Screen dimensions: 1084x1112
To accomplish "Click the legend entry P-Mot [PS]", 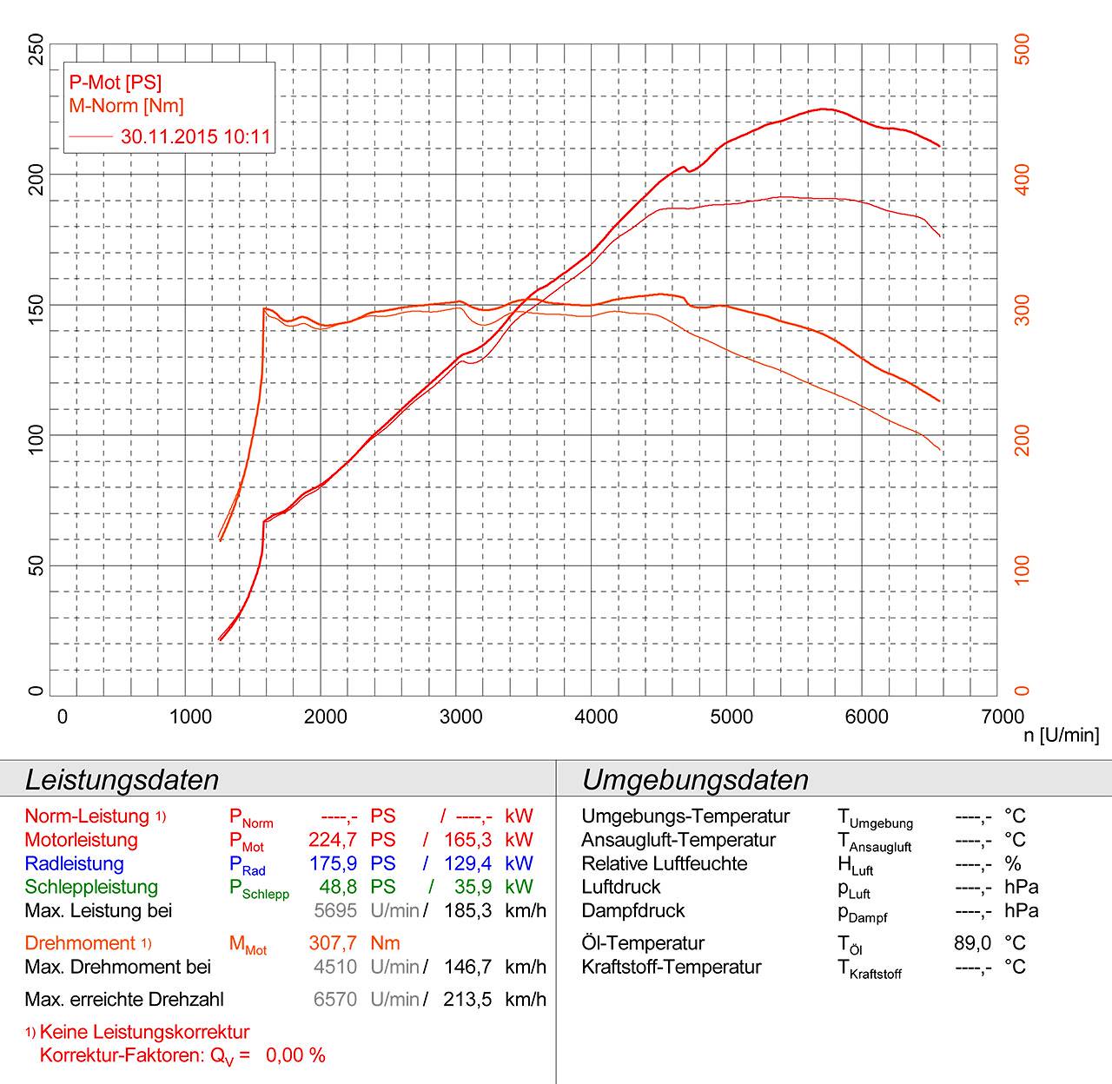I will tap(116, 83).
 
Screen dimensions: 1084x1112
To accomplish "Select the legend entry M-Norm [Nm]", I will tap(127, 106).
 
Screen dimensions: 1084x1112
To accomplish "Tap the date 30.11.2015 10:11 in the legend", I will tap(195, 136).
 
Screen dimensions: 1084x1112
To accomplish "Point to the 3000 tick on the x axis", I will tap(461, 717).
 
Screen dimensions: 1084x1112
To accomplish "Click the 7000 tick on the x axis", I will tap(1003, 717).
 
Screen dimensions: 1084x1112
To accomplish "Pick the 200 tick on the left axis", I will tap(35, 175).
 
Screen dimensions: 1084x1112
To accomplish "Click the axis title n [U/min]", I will tap(1061, 736).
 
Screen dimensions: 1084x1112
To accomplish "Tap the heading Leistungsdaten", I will tap(122, 779).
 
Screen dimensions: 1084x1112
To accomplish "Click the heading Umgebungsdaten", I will tap(695, 779).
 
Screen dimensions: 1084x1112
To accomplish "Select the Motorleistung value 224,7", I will tap(333, 840).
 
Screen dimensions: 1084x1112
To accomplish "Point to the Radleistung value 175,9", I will tap(333, 863).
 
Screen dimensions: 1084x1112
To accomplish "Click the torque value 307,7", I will tap(333, 943).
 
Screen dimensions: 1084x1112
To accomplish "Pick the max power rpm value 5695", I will tap(335, 910).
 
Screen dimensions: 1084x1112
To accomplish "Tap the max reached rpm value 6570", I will tap(335, 999).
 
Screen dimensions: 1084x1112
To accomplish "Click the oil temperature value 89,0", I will tap(972, 943).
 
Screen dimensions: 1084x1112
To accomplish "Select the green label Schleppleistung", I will tap(91, 887).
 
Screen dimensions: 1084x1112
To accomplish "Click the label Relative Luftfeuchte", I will tap(664, 863).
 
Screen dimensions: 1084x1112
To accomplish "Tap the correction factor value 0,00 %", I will tap(295, 1055).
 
